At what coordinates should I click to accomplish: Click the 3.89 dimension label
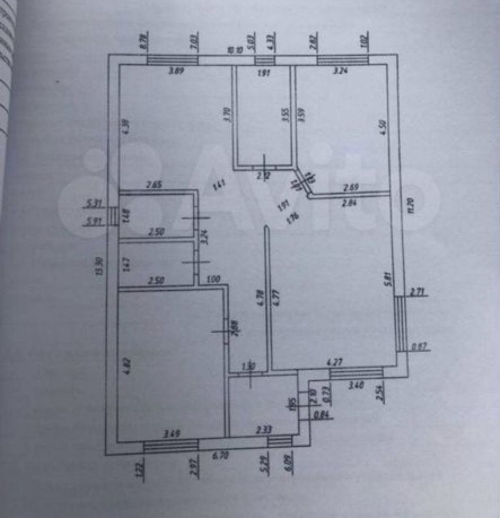(x=176, y=71)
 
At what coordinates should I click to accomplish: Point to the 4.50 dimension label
(x=383, y=127)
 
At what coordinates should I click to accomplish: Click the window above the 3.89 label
(x=172, y=60)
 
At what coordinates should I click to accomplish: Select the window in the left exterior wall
(x=112, y=216)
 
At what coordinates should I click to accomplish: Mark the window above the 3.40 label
(x=356, y=373)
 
